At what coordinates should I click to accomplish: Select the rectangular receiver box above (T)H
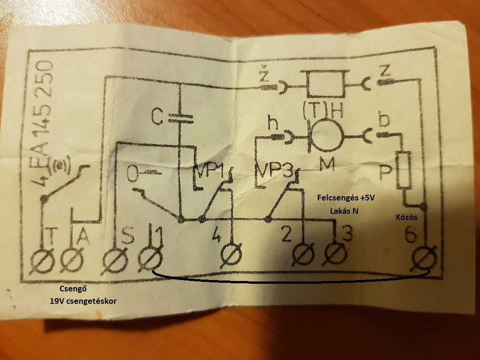point(325,84)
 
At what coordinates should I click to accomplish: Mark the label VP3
point(274,170)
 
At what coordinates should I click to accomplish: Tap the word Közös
point(406,217)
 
